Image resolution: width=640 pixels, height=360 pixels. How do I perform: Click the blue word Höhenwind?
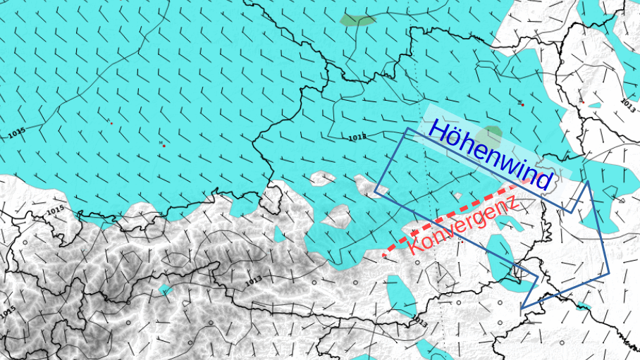(x=489, y=155)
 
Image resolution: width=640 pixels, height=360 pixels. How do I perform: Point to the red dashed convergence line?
(x=451, y=218)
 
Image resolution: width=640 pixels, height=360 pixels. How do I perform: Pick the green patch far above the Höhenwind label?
(x=357, y=20)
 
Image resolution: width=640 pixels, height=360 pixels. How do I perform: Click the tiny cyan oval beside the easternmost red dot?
(x=594, y=106)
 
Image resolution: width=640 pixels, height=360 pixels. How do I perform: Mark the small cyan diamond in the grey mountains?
(x=166, y=290)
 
